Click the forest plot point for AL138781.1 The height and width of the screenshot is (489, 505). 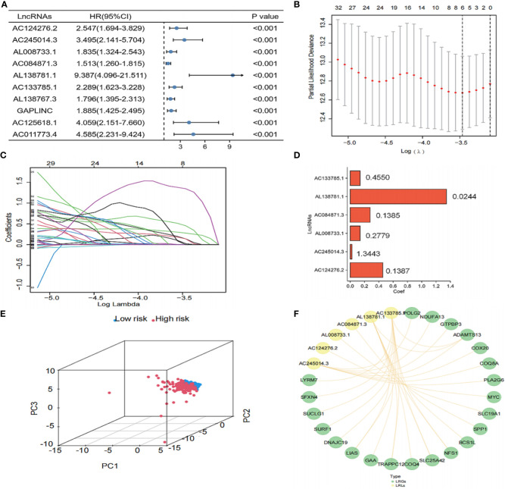pos(232,75)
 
